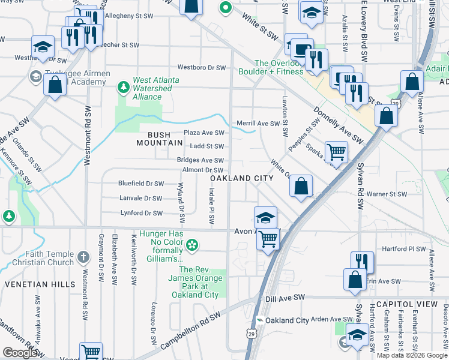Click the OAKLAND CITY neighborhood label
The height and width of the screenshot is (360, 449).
pos(241,178)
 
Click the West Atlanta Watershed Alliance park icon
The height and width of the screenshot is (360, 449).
pos(124,88)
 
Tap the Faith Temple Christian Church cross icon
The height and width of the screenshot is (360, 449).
pos(83,258)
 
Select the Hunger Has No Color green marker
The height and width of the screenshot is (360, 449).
pos(191,245)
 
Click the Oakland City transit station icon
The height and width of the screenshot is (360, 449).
pos(259,320)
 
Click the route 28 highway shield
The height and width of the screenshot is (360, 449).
pos(395,104)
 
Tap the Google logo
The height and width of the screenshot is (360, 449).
pos(20,353)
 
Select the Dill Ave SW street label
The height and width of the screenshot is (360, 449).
pos(285,297)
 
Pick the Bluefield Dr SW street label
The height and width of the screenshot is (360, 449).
pos(141,184)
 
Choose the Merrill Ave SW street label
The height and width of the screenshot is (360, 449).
pos(258,123)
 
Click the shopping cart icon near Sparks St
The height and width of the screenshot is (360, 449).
pos(336,152)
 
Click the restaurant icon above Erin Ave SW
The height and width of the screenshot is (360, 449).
pos(362,262)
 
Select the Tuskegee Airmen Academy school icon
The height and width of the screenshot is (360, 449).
pos(35,76)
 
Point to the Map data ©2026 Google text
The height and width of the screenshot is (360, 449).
pos(412,355)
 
